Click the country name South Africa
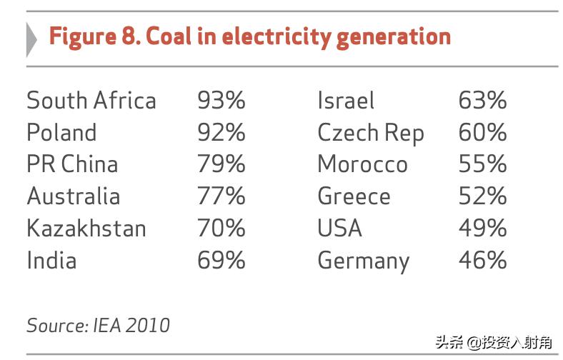[91, 101]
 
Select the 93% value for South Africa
[221, 101]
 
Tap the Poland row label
[61, 133]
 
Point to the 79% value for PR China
[221, 164]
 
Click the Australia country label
[73, 196]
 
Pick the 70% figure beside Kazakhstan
[221, 229]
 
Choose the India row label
[51, 260]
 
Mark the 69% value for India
[221, 260]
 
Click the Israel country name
[346, 101]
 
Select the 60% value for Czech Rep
[482, 133]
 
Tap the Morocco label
[362, 164]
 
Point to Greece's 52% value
[482, 196]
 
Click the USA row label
[340, 229]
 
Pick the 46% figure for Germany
[482, 260]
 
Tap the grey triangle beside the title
[31, 39]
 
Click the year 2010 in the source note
[148, 326]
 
